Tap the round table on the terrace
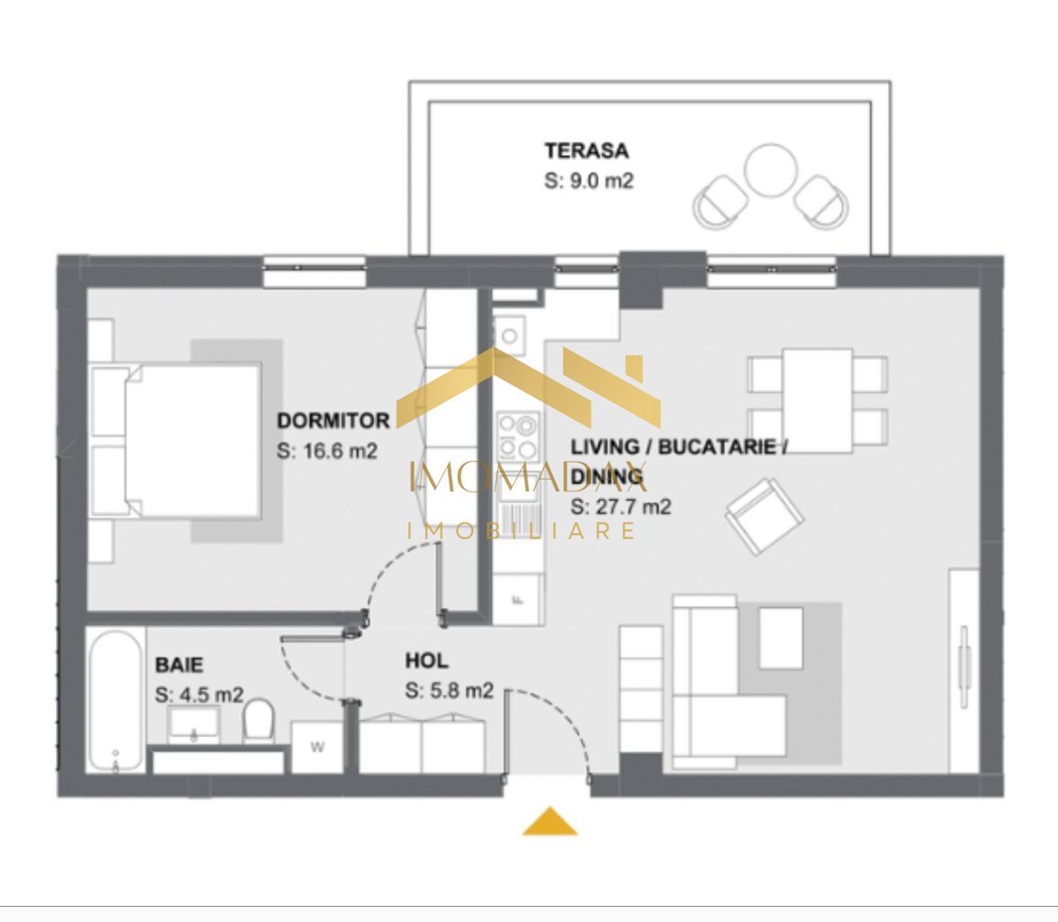point(771,170)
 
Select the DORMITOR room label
point(333,421)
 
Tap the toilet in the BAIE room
point(258,721)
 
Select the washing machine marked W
point(317,747)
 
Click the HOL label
point(426,662)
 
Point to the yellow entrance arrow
point(549,822)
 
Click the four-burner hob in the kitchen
point(518,435)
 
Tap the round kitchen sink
point(509,336)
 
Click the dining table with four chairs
point(817,400)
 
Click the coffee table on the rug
point(781,638)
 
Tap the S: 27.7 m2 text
point(621,507)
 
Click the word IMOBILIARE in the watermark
point(523,530)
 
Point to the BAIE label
point(179,665)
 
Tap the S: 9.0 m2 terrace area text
point(589,180)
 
